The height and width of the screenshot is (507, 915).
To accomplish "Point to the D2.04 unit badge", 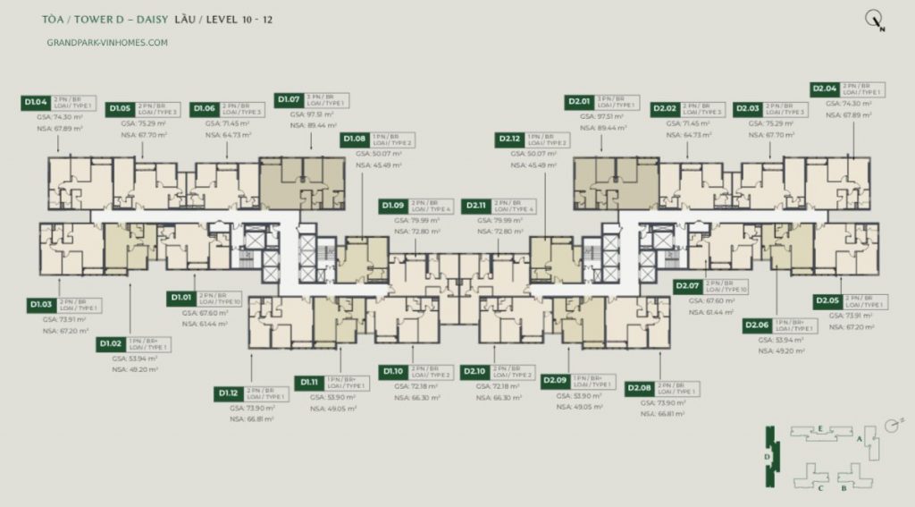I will click(x=824, y=89).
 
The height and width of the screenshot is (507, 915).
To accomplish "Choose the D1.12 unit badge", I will click(x=229, y=393).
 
